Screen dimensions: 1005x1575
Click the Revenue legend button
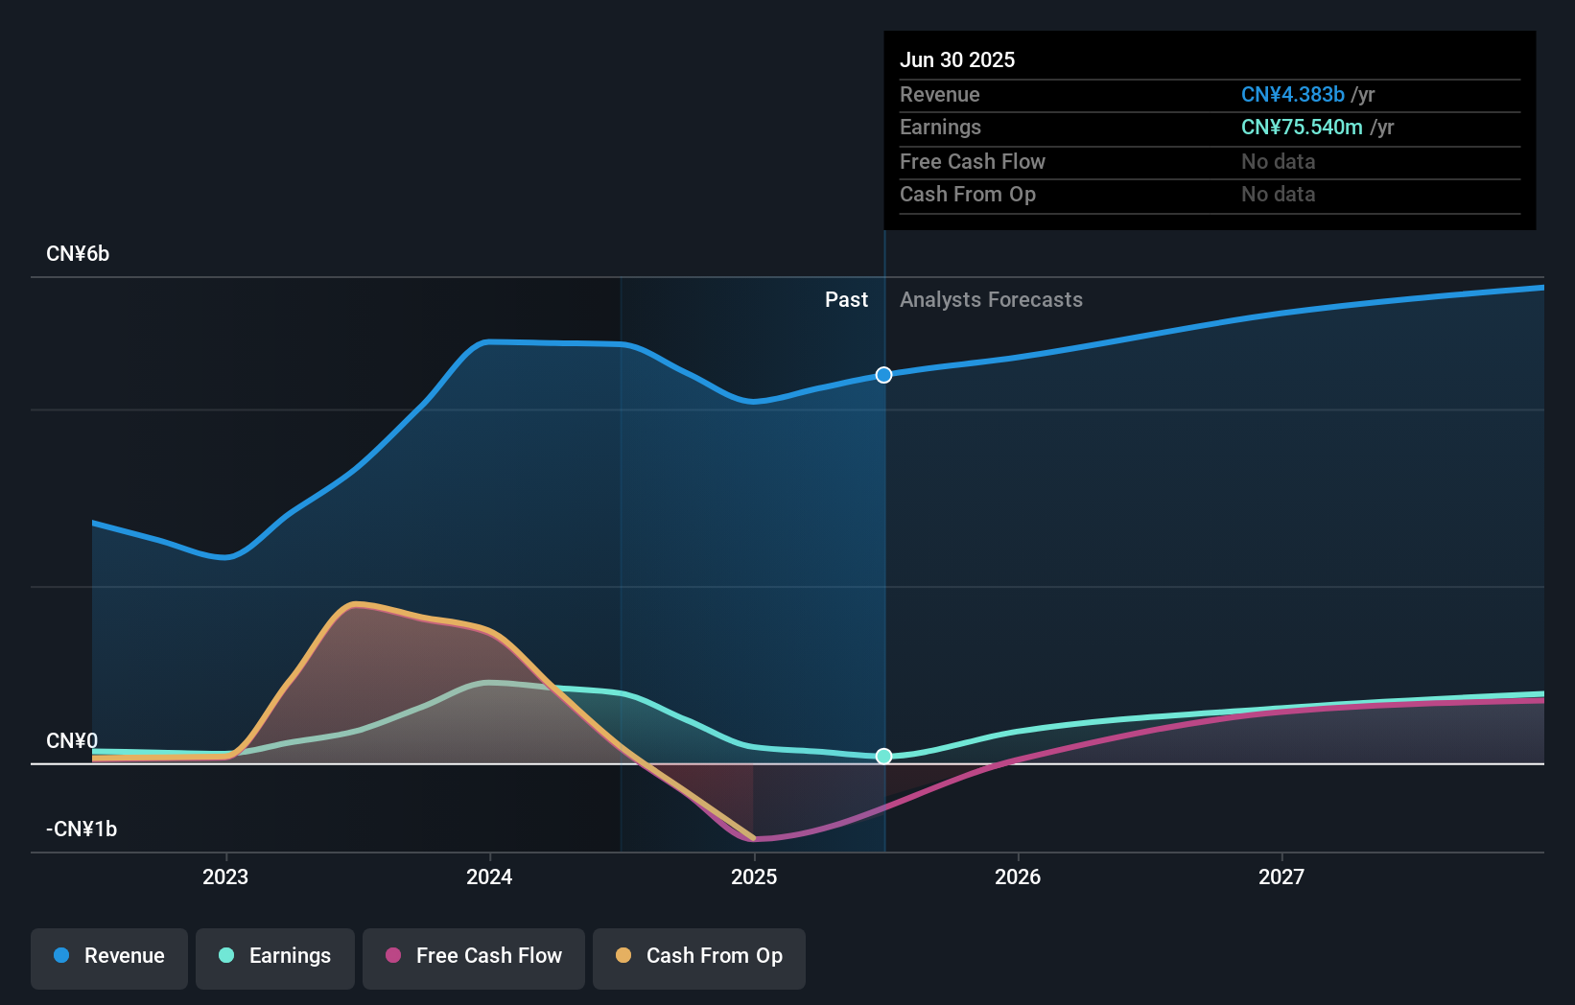[x=109, y=956]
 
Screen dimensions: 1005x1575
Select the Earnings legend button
[x=275, y=956]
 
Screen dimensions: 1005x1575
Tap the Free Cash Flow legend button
[x=474, y=956]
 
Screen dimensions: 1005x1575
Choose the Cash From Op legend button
[x=699, y=956]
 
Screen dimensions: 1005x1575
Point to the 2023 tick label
[x=225, y=876]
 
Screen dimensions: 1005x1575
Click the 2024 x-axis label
[x=489, y=876]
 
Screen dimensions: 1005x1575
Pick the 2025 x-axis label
[x=754, y=876]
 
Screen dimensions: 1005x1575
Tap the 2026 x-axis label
[x=1018, y=876]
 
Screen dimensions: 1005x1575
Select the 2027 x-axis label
[x=1281, y=876]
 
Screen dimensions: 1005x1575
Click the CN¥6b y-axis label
[x=78, y=254]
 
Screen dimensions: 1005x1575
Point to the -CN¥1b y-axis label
[x=82, y=829]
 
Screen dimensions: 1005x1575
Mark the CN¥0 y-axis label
[x=72, y=741]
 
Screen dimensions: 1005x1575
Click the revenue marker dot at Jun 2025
[x=884, y=375]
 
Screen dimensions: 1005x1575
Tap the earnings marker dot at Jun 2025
[x=884, y=757]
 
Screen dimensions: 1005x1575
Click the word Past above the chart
[x=846, y=300]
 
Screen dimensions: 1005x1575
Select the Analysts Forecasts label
[x=991, y=300]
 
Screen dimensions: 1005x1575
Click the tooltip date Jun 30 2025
[x=957, y=60]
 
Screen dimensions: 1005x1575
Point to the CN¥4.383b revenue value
[x=1292, y=95]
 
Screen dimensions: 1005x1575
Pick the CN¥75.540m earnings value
[x=1302, y=128]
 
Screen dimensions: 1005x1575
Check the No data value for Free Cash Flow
[x=1278, y=162]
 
